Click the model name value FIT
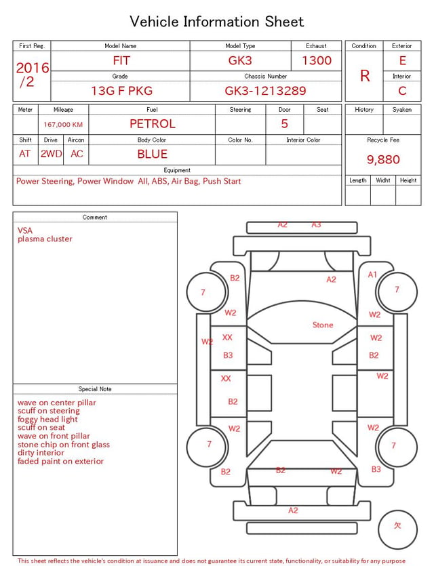(x=121, y=60)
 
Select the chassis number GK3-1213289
(x=265, y=91)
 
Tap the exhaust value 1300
(x=317, y=60)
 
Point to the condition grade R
(x=365, y=76)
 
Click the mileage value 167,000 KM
(x=63, y=125)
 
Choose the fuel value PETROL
(x=153, y=124)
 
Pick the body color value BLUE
(x=153, y=154)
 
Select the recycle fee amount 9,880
(x=383, y=159)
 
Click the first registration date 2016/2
(x=32, y=75)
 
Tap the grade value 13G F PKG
(x=121, y=91)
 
